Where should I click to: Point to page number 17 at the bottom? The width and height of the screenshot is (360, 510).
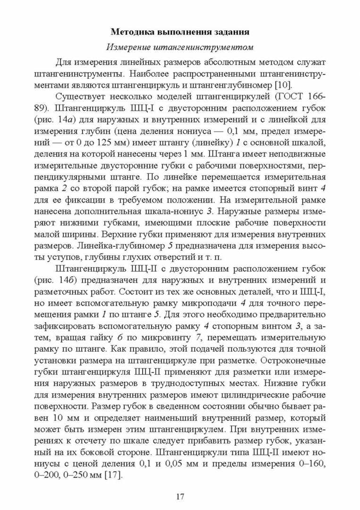click(x=180, y=496)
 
